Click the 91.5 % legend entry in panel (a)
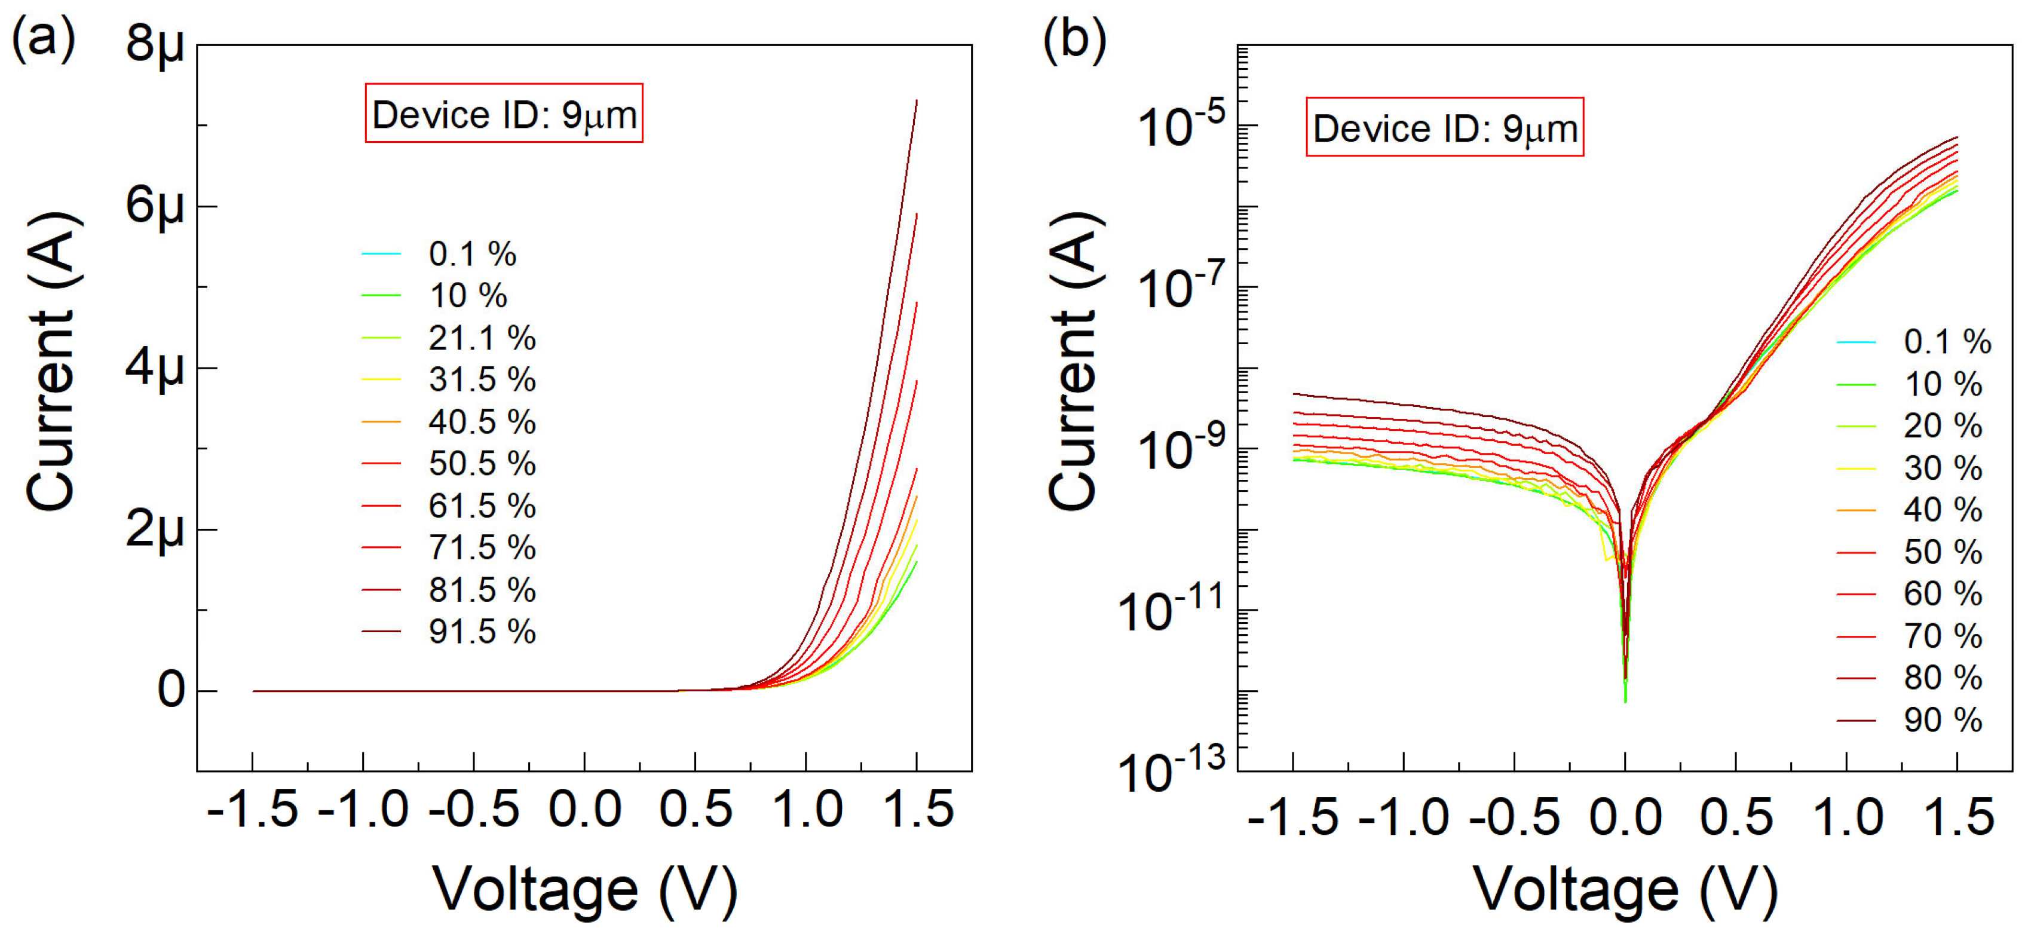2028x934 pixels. [x=481, y=632]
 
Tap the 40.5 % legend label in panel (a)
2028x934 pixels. [x=481, y=422]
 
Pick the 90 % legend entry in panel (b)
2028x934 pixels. [x=1941, y=720]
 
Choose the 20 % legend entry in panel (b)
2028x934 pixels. [x=1941, y=426]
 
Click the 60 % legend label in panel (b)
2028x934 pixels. [x=1941, y=594]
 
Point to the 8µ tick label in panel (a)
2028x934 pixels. [x=155, y=44]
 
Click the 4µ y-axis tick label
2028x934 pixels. [x=155, y=368]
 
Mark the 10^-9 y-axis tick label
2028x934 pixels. [x=1181, y=448]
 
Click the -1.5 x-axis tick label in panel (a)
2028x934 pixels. [x=252, y=810]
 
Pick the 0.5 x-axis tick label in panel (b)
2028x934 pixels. [x=1735, y=817]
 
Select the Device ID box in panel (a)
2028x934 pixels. [x=504, y=114]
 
